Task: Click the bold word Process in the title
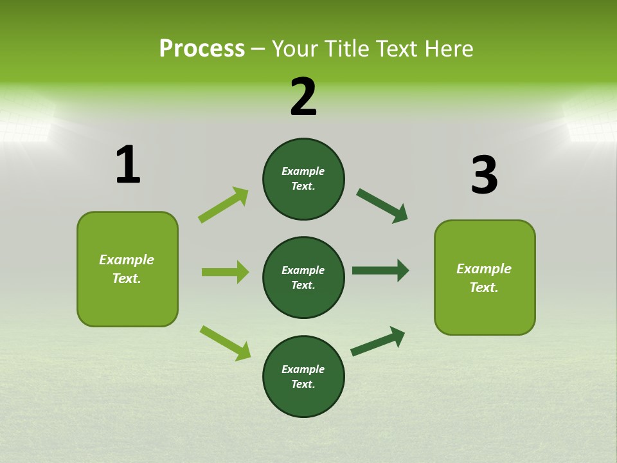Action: [202, 49]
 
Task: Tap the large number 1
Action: [128, 165]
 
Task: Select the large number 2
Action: [303, 97]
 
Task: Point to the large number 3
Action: [484, 175]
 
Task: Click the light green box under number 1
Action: [127, 269]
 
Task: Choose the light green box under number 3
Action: [485, 278]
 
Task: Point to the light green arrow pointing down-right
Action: [225, 343]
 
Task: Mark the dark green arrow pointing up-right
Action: [378, 341]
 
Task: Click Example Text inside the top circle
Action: [303, 179]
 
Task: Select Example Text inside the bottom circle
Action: [303, 377]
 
